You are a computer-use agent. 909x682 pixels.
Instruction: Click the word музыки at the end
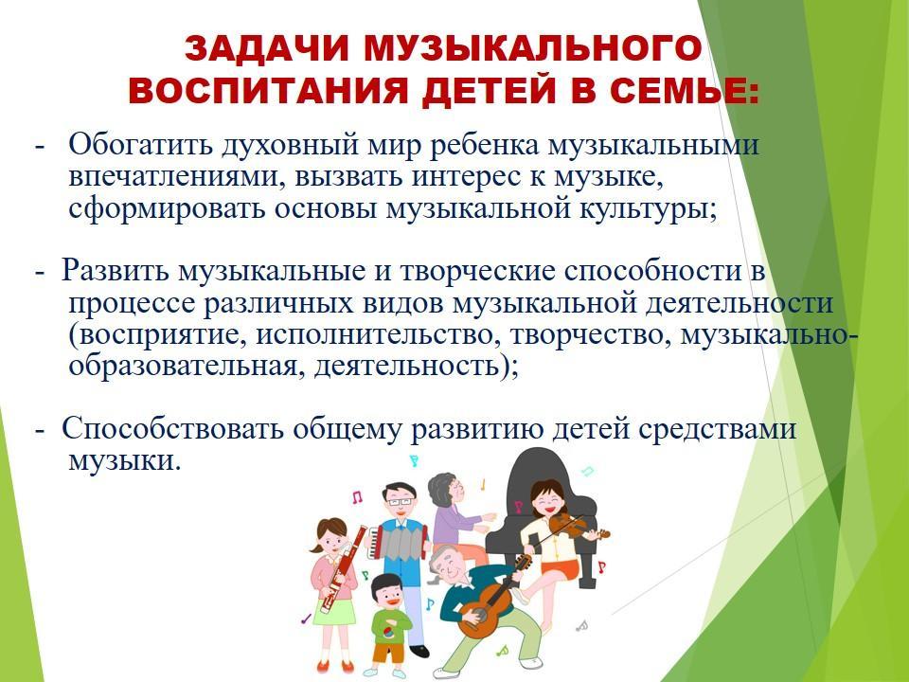[x=122, y=461]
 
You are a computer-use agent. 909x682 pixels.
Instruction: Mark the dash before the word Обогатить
[x=40, y=146]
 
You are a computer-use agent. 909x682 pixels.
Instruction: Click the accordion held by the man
[x=400, y=541]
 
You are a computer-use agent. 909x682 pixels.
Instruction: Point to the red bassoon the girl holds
[x=343, y=568]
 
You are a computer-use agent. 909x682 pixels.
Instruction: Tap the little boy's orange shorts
[x=387, y=652]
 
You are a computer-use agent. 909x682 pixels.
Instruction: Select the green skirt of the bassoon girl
[x=334, y=613]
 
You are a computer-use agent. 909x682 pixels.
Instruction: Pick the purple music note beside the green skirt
[x=306, y=619]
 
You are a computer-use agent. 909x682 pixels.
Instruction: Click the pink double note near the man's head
[x=358, y=496]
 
